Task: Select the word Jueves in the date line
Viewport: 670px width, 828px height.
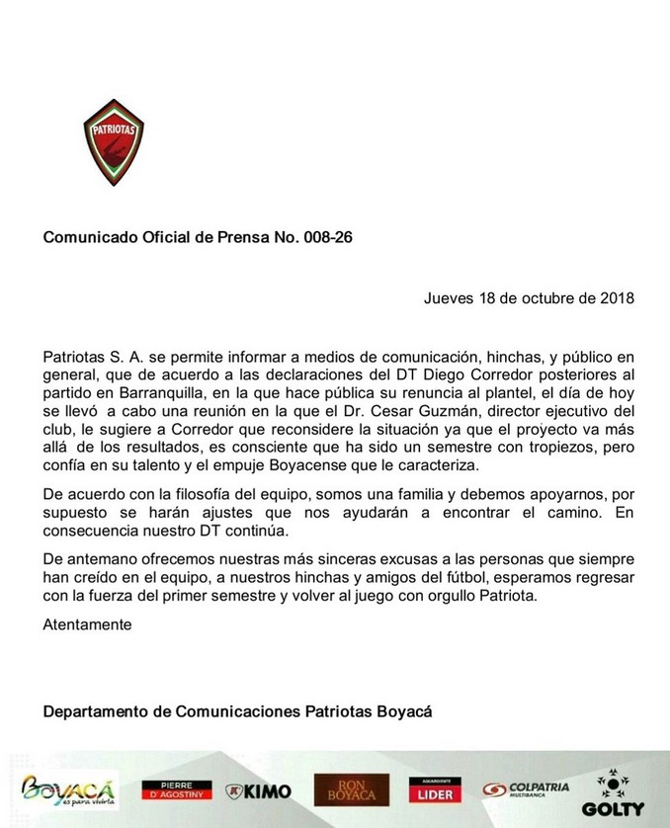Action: click(x=449, y=296)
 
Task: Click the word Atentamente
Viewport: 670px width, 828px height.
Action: click(x=87, y=623)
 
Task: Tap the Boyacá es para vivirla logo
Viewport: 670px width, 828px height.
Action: click(x=68, y=789)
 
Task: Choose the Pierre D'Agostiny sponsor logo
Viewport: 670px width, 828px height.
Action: click(x=177, y=789)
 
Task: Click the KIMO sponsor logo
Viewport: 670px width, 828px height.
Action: click(x=258, y=790)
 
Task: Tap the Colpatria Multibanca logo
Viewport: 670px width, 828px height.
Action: click(x=527, y=789)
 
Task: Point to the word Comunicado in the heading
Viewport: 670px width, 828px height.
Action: click(x=91, y=238)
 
